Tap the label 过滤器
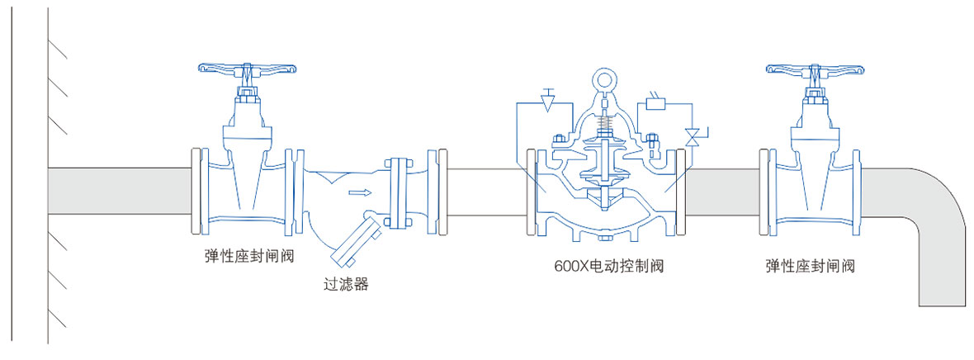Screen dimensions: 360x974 tap(346, 285)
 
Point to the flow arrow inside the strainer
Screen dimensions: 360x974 tap(357, 194)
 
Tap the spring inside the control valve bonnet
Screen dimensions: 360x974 tap(605, 124)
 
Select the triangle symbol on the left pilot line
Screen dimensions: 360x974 tap(546, 102)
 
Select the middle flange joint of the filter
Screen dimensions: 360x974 tap(398, 192)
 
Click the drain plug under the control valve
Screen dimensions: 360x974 tap(605, 239)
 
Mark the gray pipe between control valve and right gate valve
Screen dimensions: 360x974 tap(723, 189)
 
